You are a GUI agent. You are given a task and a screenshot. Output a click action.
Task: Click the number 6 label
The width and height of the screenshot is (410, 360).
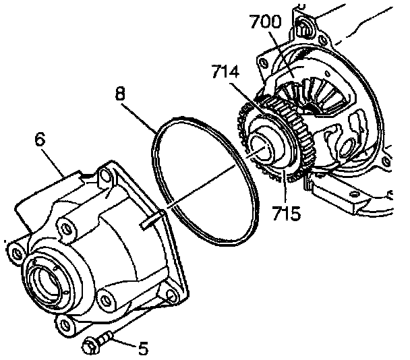coord(39,140)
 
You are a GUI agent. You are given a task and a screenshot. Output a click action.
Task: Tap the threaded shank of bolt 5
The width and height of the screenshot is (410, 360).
coord(108,339)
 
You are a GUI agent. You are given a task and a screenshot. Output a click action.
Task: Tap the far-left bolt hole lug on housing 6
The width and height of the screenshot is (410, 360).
coord(15,252)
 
